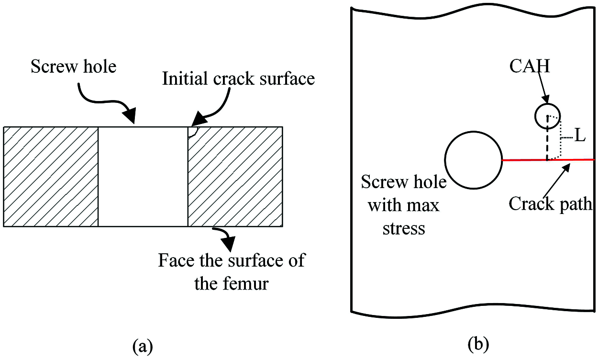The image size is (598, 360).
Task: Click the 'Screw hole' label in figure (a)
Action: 73,67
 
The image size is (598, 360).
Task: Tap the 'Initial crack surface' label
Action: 238,78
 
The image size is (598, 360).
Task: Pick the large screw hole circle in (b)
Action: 473,160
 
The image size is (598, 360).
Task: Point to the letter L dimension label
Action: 579,136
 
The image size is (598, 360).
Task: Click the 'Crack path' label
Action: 550,204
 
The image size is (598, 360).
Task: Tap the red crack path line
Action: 574,159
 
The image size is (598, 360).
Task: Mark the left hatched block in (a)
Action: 51,176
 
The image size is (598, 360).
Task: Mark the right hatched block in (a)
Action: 235,176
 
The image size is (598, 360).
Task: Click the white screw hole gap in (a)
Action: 143,176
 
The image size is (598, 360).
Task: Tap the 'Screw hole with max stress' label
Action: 404,205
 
